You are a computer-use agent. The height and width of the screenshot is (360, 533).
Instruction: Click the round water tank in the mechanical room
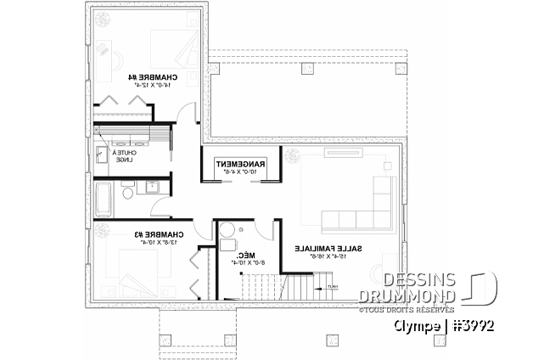click(x=227, y=244)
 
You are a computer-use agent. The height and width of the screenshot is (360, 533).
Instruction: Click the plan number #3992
click(x=471, y=326)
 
